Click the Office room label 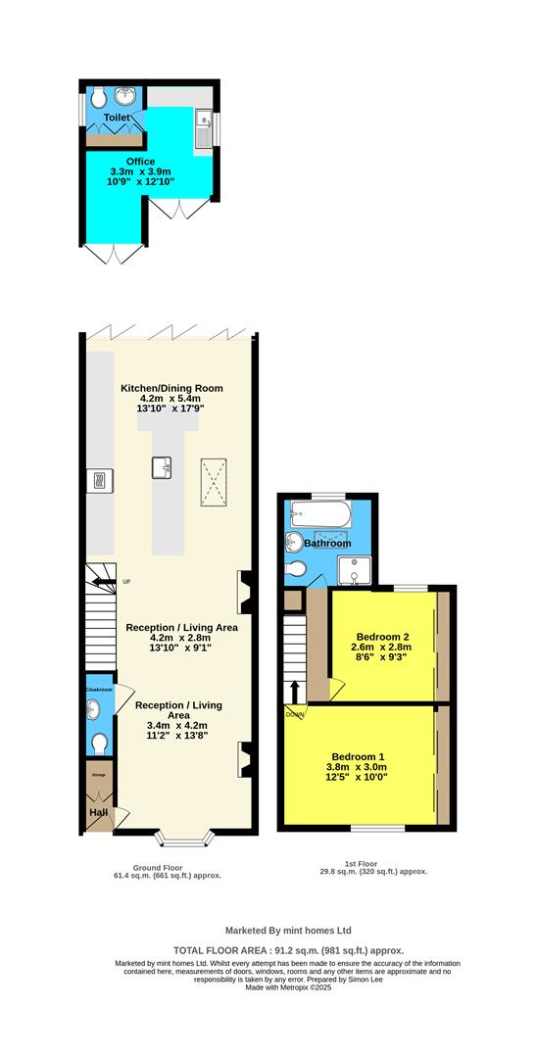(x=140, y=161)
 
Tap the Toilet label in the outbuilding (x=117, y=118)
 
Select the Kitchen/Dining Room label (x=171, y=388)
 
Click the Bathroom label (x=327, y=543)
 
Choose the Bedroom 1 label (x=357, y=756)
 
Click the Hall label (x=98, y=812)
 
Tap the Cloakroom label (x=98, y=690)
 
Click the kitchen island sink (x=163, y=468)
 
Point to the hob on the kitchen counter (x=99, y=479)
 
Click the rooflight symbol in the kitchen (x=212, y=482)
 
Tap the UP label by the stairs (x=126, y=582)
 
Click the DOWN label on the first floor (x=295, y=714)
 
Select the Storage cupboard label (x=98, y=775)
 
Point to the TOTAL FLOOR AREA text (x=288, y=950)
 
